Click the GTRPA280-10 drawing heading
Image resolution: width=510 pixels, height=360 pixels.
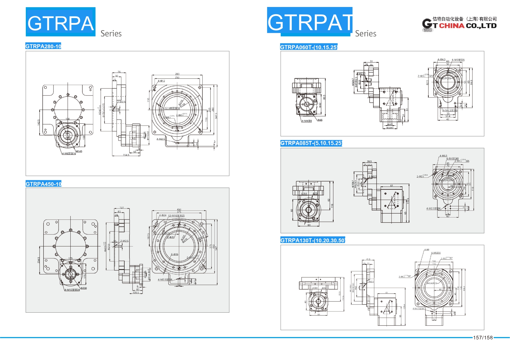43,46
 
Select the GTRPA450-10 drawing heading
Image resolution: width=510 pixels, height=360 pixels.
44,184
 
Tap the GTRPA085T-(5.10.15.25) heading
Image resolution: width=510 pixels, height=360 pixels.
311,143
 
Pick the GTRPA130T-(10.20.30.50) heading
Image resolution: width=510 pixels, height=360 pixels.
312,240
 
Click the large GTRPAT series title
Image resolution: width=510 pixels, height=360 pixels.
310,22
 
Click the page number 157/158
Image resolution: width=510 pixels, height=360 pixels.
483,338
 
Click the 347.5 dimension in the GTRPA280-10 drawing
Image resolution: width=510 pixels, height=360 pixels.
216,116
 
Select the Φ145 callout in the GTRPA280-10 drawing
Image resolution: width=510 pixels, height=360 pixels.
79,151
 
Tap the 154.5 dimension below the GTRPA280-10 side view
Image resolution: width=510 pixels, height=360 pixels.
126,155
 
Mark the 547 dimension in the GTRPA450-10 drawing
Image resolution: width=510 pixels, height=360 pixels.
216,248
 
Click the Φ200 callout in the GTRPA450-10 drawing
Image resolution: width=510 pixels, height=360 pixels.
84,288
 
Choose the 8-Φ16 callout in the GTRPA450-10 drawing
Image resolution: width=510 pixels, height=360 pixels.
174,254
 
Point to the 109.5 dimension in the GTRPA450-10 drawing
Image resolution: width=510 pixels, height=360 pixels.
136,293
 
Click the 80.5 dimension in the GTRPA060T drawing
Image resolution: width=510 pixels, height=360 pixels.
324,97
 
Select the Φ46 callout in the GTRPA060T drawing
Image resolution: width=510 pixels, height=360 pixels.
320,120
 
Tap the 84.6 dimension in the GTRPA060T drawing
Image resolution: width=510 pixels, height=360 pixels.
471,82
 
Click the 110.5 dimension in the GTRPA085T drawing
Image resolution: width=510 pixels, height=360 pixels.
408,201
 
